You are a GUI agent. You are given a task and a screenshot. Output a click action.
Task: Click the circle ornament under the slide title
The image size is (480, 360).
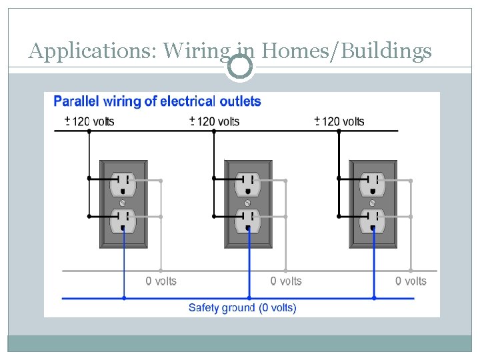point(239,67)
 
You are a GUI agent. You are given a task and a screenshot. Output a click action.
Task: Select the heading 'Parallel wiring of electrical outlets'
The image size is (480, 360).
point(157,101)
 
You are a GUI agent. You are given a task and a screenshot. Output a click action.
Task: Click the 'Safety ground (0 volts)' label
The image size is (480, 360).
point(242,307)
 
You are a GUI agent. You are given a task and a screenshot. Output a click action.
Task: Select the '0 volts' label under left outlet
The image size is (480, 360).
point(161,281)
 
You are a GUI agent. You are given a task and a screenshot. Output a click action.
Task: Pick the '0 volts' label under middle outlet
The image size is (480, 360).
point(285,281)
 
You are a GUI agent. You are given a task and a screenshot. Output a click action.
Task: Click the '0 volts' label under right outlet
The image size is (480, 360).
point(411,281)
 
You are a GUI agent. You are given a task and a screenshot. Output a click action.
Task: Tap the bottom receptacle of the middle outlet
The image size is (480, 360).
point(248,220)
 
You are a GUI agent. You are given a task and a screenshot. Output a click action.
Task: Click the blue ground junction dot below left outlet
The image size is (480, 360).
point(124,297)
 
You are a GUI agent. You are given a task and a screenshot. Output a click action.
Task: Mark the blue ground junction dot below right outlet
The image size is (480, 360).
point(373,297)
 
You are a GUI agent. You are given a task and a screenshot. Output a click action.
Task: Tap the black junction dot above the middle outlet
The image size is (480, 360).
point(214,131)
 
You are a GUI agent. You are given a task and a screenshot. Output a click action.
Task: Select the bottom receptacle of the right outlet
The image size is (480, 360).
point(373,220)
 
